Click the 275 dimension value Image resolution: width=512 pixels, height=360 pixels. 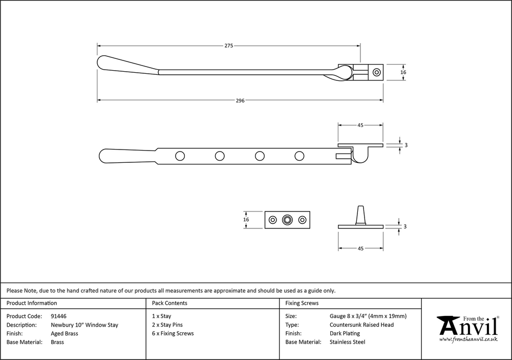point(229,46)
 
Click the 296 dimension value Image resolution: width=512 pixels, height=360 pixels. point(240,100)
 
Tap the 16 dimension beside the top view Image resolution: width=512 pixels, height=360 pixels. point(403,73)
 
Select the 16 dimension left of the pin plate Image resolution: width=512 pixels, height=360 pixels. point(246,220)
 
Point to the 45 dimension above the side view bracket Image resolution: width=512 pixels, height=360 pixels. point(360,125)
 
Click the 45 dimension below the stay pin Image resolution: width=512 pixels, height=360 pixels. point(360,248)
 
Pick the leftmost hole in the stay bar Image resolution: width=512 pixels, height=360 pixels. point(180,156)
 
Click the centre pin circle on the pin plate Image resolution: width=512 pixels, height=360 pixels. point(287,220)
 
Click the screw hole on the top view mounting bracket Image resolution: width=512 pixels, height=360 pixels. point(377,73)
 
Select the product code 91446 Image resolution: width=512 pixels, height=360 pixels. point(59,316)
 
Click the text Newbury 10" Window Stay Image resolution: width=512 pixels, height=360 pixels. point(84,325)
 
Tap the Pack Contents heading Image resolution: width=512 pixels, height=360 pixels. point(169,303)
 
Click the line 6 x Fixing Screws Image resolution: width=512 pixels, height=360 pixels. point(173,333)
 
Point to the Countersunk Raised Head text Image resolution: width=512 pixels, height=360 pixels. point(361,325)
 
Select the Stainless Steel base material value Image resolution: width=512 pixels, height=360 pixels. point(347,342)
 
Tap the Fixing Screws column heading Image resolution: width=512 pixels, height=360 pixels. point(302,303)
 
